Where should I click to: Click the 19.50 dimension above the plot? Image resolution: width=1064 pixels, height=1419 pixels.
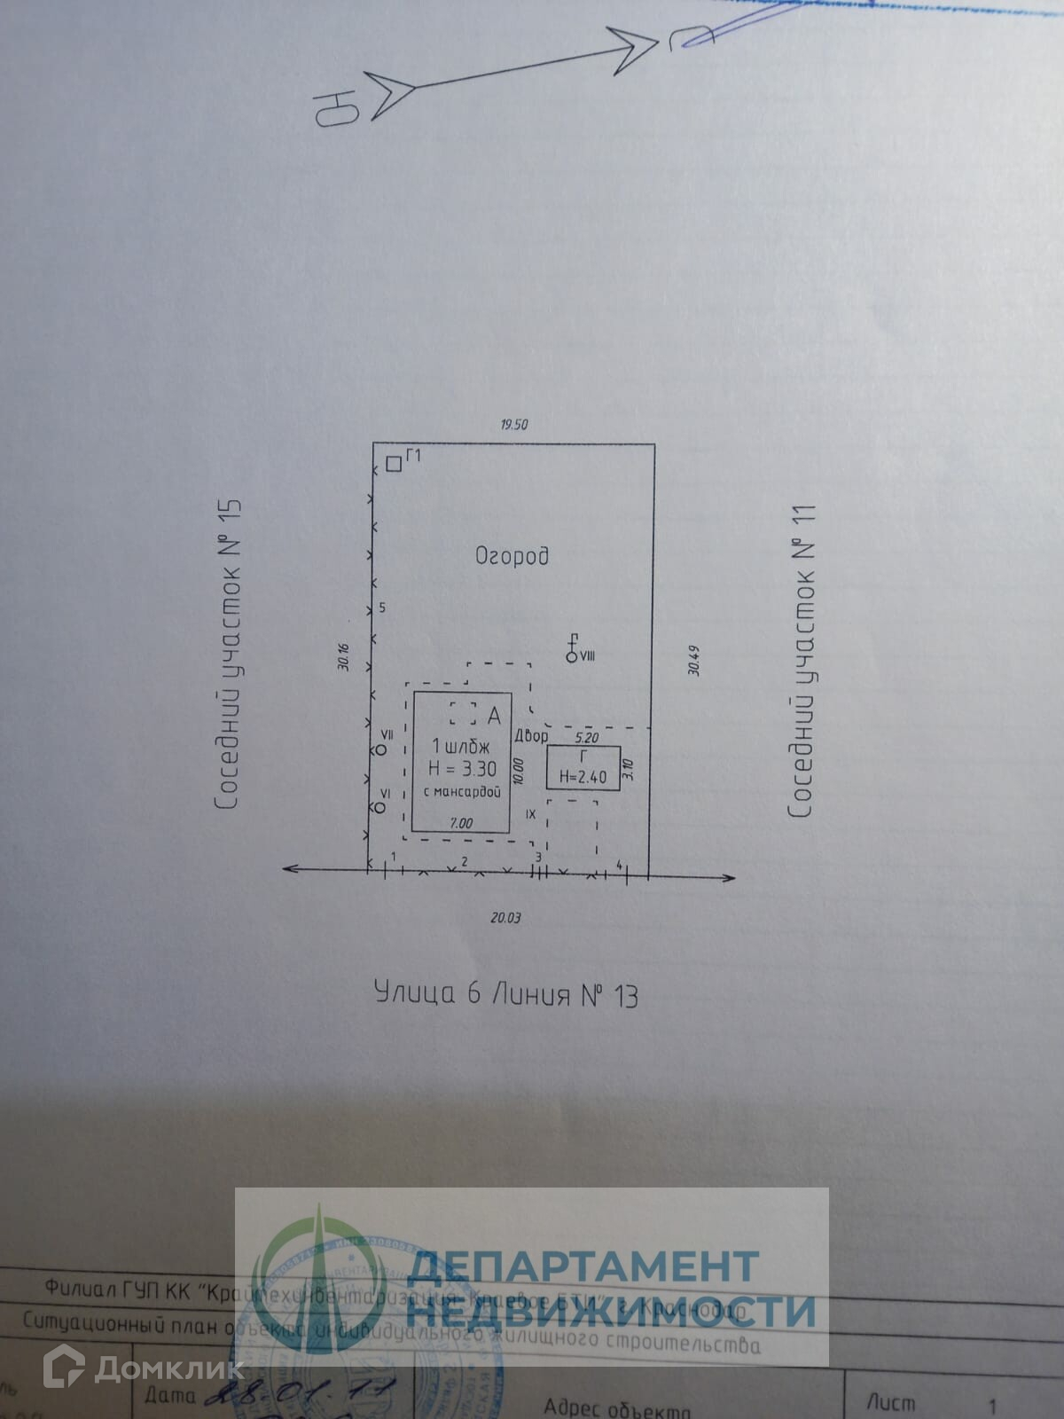513,424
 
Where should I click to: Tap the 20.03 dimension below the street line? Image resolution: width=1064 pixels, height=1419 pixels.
505,917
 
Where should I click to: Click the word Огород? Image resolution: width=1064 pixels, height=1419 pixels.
512,556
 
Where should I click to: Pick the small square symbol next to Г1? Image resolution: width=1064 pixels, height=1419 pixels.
394,463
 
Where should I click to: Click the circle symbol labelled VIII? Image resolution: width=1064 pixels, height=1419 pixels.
571,656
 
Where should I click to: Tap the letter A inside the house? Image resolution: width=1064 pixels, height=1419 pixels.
494,715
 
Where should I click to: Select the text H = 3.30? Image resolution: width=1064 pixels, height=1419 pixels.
462,768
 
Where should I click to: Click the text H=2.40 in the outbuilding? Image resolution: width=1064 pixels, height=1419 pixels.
583,778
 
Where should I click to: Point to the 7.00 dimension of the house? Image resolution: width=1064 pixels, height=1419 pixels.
461,823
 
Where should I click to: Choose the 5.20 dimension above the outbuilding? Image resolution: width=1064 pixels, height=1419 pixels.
587,737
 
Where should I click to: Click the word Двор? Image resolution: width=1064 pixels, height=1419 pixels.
531,736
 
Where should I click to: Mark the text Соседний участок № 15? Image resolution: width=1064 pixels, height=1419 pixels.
229,655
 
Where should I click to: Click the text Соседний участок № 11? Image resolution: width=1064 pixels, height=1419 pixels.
802,661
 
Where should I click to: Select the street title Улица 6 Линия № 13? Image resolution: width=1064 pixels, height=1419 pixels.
506,994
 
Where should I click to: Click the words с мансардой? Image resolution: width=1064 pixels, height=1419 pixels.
462,792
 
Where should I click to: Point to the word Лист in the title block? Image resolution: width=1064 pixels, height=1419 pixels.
890,1402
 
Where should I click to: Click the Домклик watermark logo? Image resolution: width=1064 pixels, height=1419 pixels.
142,1368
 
